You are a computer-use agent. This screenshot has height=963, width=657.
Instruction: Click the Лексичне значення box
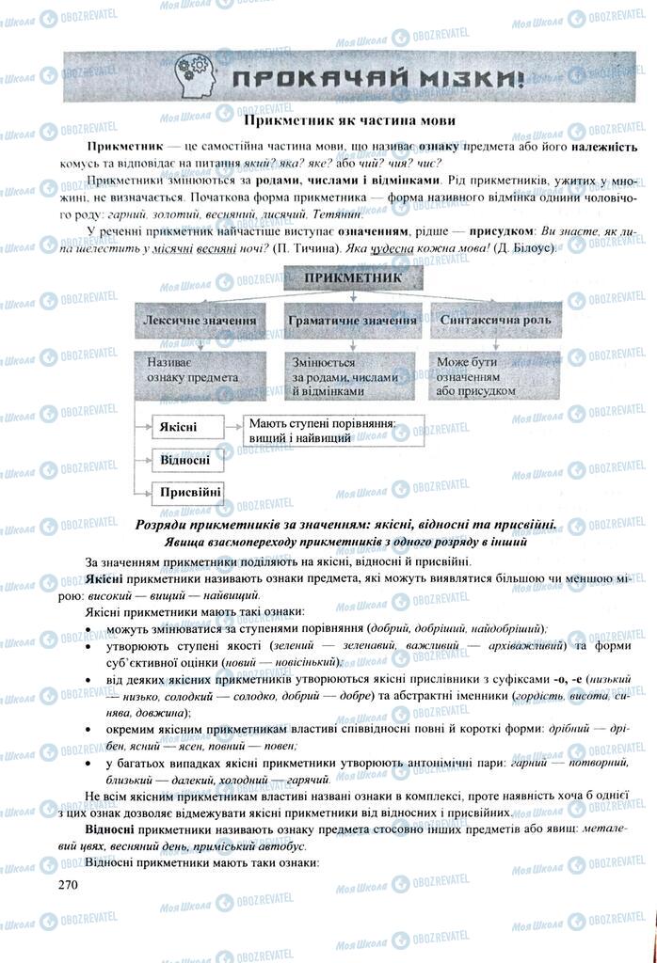coord(200,321)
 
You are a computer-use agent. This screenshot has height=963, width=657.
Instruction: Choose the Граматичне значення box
coord(351,321)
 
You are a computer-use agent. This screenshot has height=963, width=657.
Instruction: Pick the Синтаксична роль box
coord(495,321)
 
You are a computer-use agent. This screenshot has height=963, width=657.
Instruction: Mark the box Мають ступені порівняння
coord(318,431)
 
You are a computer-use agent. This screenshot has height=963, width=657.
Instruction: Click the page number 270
coord(67,885)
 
